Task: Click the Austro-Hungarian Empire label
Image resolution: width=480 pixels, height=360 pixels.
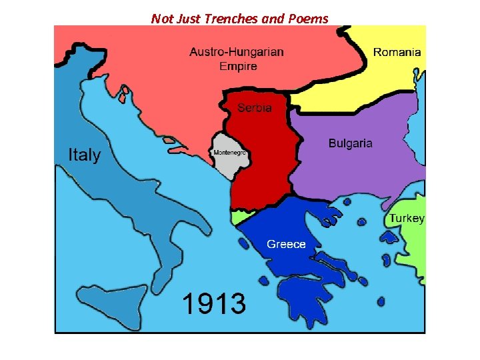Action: click(236, 59)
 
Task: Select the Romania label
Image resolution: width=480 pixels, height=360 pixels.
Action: click(397, 52)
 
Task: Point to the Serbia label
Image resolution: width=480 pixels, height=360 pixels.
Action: click(255, 107)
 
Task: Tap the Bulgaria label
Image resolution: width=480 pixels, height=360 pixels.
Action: click(350, 143)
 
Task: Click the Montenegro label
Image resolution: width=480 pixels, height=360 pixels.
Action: click(230, 153)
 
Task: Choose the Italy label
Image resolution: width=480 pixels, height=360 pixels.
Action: click(85, 155)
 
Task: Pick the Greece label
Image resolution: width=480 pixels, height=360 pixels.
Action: click(286, 244)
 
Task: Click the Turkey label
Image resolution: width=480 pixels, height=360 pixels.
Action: click(407, 219)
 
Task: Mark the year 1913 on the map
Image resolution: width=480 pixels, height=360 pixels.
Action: click(213, 304)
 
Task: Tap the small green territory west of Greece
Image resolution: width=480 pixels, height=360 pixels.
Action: click(240, 217)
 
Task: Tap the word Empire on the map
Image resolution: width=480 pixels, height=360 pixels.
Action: click(238, 66)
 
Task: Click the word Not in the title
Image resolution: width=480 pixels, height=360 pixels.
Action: click(161, 19)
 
